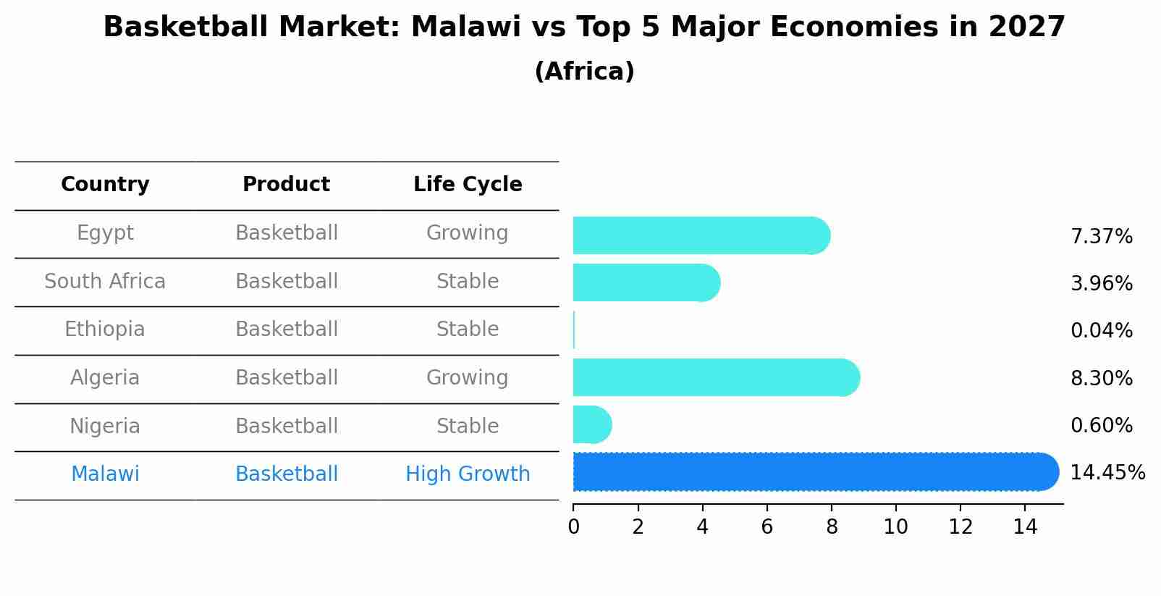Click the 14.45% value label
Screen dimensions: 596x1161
(x=1107, y=473)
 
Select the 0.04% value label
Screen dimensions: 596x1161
(x=1101, y=331)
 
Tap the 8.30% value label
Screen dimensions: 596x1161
(x=1101, y=378)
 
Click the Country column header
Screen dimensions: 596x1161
(x=105, y=185)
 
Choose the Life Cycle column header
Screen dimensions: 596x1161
(x=468, y=185)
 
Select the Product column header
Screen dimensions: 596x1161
(x=286, y=185)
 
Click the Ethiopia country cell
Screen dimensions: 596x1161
(x=105, y=330)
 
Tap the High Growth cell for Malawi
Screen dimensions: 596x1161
(x=468, y=474)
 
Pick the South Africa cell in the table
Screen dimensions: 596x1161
(x=105, y=281)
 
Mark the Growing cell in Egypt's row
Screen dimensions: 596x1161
(x=468, y=233)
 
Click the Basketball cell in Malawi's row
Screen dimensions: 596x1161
(x=286, y=474)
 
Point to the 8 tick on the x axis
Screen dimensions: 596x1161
(x=832, y=527)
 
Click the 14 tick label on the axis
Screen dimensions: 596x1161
(x=1025, y=527)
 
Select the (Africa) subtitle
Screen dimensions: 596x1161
(x=584, y=72)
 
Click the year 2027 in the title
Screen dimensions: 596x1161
(x=1026, y=28)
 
